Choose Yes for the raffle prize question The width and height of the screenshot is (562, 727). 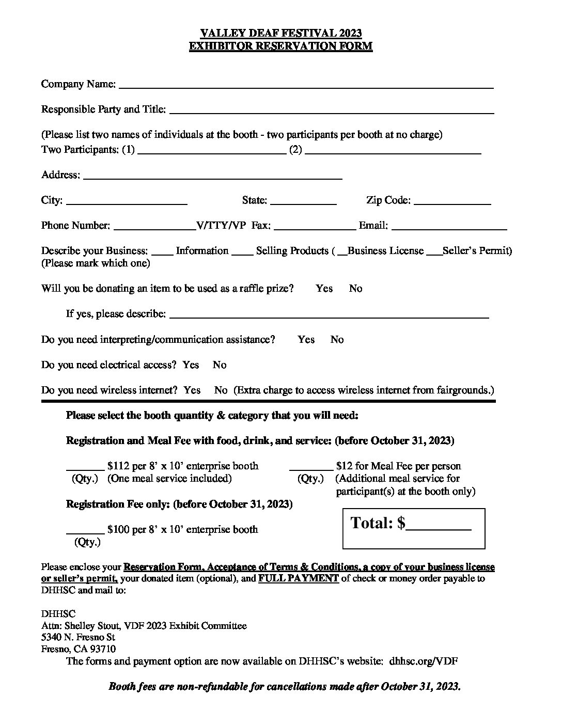click(x=324, y=289)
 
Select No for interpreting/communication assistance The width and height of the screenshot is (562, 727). click(x=337, y=340)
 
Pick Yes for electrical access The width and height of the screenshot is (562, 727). click(x=191, y=365)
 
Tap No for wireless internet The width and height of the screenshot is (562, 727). click(x=221, y=390)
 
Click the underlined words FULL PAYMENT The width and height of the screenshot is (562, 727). click(x=299, y=578)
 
